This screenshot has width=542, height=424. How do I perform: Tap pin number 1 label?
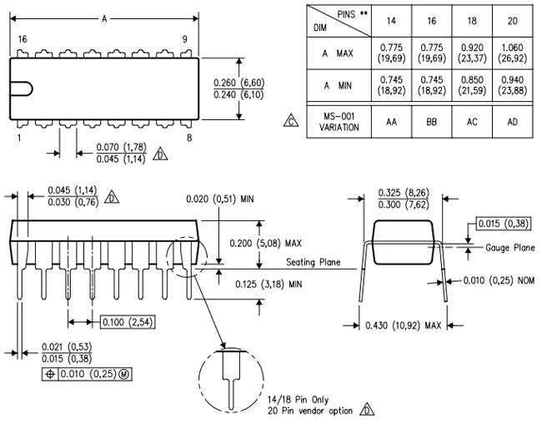19,137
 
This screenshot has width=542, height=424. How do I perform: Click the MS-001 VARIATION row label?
339,121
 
